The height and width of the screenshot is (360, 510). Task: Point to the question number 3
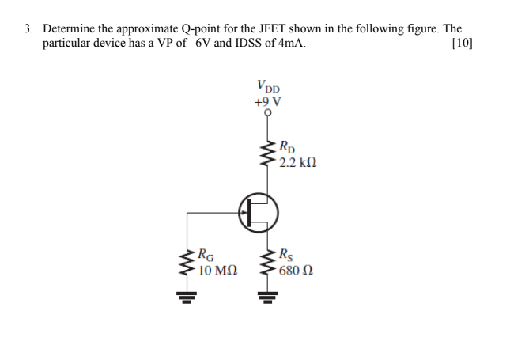pyautogui.click(x=28, y=28)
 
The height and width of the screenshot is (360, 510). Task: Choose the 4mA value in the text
pyautogui.click(x=285, y=43)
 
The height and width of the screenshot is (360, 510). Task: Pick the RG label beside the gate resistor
pyautogui.click(x=207, y=256)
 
